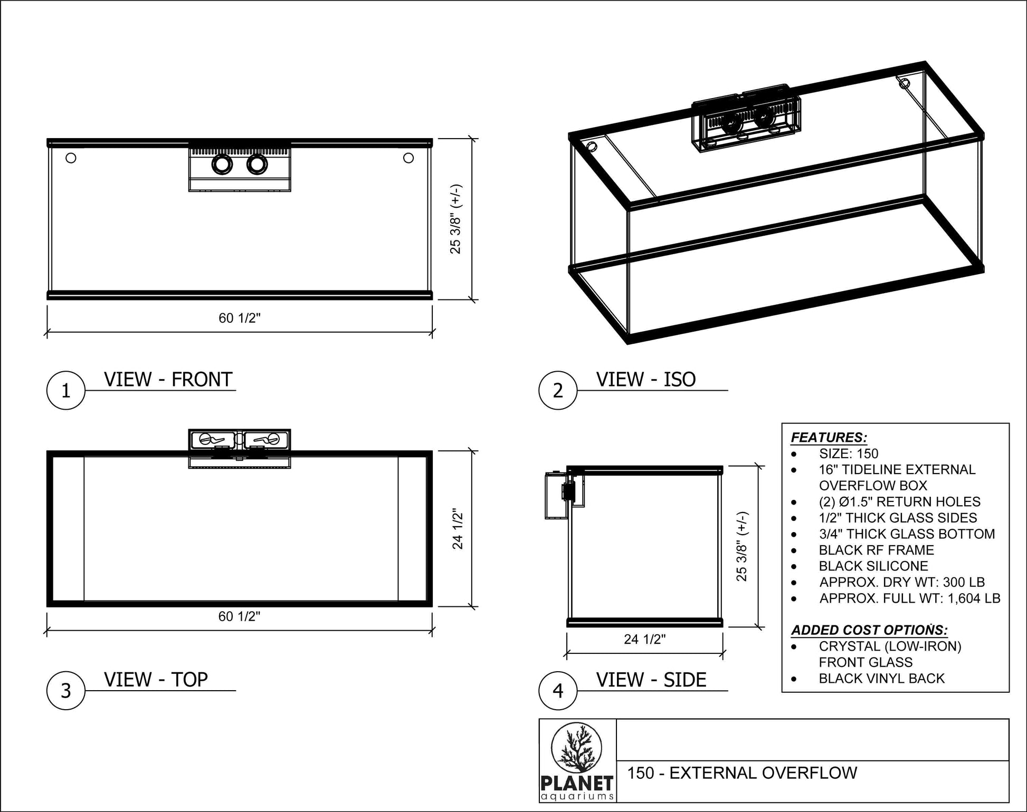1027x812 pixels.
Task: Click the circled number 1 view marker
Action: pos(66,391)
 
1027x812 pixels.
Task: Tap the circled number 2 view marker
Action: pos(558,391)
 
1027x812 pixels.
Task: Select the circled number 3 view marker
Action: pos(66,691)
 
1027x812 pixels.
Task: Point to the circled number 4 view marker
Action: pos(558,691)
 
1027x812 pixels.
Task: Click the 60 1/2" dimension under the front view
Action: pos(240,318)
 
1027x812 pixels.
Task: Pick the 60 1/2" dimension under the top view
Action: pos(240,616)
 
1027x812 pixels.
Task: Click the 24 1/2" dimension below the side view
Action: pos(645,639)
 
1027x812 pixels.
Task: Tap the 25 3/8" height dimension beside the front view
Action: pos(456,219)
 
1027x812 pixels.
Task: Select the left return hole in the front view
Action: pos(71,158)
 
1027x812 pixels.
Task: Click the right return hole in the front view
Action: pos(408,158)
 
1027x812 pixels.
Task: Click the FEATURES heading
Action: pos(829,438)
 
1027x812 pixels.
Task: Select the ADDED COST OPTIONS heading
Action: pos(869,630)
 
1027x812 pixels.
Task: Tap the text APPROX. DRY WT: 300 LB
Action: pos(902,582)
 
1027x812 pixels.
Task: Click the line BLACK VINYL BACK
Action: pos(881,679)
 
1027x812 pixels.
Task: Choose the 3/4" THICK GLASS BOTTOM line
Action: pos(907,534)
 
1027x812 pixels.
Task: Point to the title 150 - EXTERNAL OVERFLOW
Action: pos(742,773)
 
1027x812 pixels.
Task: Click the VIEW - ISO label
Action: pos(646,379)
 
